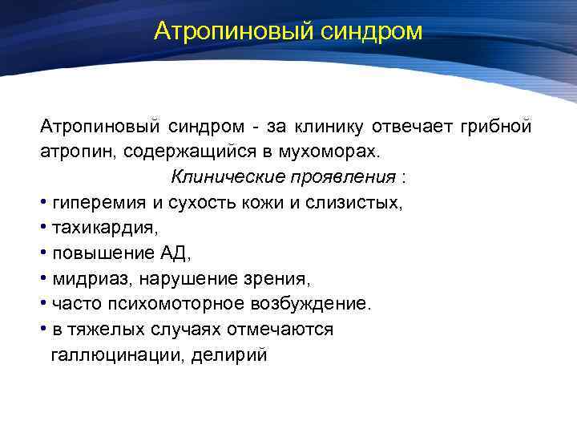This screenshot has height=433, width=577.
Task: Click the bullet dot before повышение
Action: coord(44,253)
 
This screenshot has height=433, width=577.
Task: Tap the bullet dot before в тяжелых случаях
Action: coord(44,330)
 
